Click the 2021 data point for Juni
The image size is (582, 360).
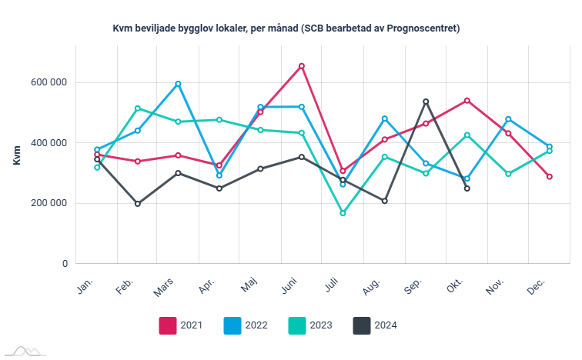302,66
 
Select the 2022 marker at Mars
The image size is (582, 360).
179,84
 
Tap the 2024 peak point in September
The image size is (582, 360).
426,102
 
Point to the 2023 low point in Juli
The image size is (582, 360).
343,213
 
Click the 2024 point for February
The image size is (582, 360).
138,204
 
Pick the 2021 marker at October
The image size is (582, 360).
467,101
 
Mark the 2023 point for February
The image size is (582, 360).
138,108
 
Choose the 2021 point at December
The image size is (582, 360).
550,177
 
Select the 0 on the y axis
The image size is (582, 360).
65,264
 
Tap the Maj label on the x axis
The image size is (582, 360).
249,286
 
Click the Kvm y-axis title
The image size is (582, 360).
17,154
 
